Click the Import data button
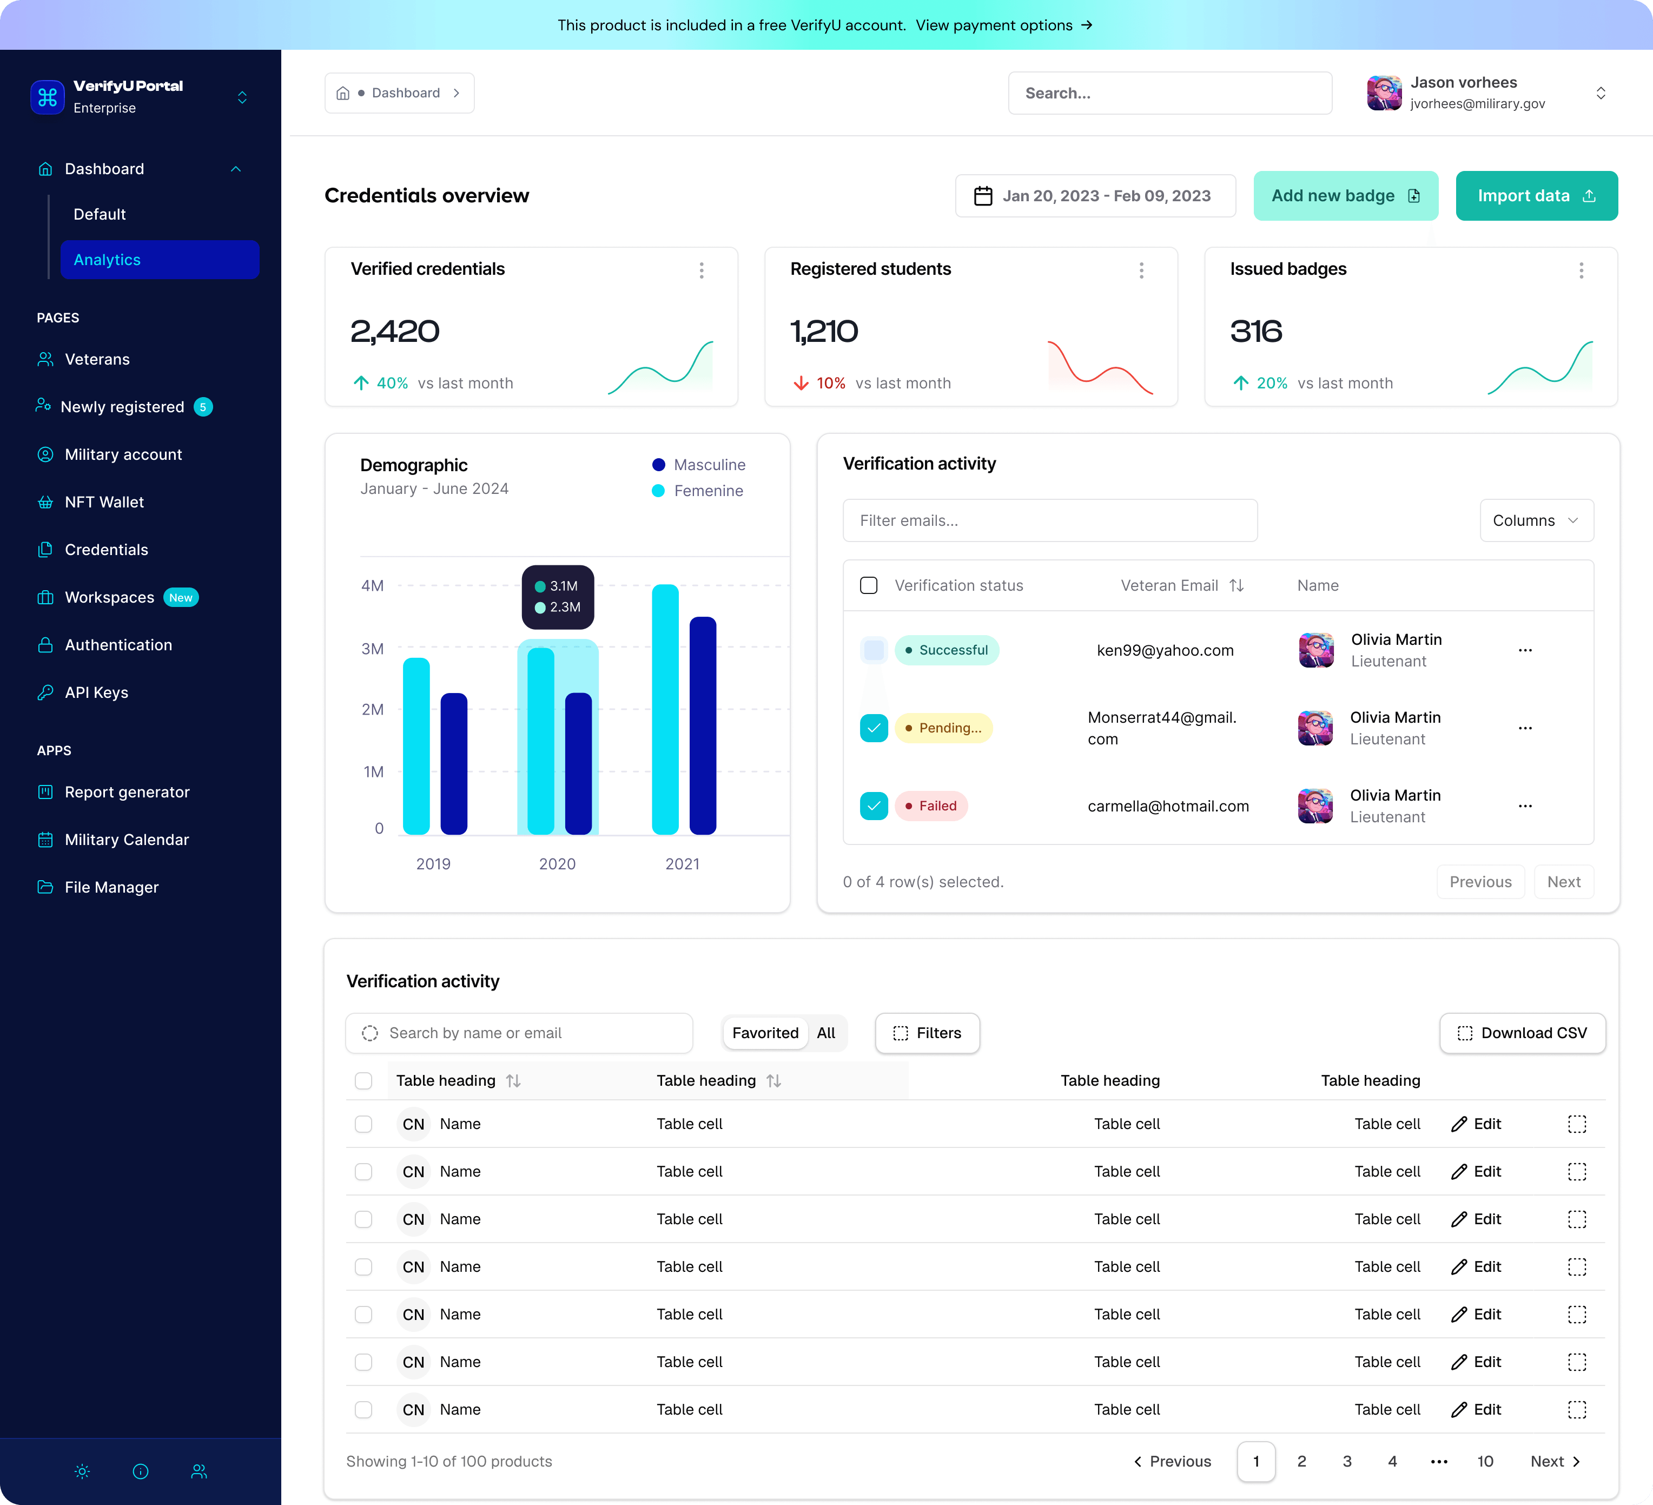(x=1536, y=196)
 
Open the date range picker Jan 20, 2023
(x=1095, y=196)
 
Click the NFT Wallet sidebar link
(x=104, y=502)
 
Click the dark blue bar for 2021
(x=703, y=726)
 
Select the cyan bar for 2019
(x=416, y=747)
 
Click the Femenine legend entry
(x=708, y=491)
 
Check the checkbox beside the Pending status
(x=873, y=728)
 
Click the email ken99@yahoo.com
(x=1165, y=650)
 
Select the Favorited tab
(x=764, y=1033)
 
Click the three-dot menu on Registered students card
(x=1141, y=270)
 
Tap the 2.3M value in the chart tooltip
(x=564, y=607)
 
